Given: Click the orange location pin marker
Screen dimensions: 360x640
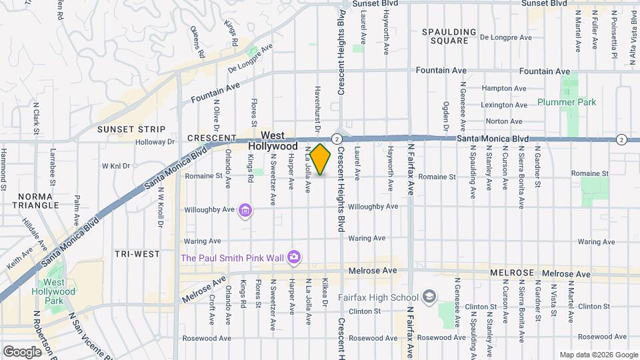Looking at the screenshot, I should [321, 159].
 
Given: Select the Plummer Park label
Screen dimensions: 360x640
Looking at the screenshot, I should [567, 102].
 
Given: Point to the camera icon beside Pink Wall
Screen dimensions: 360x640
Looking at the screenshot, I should [293, 257].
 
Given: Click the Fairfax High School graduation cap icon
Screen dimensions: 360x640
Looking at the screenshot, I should [430, 297].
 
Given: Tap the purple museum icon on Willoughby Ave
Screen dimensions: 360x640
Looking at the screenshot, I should [245, 211].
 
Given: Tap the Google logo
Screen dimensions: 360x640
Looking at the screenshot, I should [23, 351].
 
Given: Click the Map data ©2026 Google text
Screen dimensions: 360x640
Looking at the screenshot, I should [598, 355].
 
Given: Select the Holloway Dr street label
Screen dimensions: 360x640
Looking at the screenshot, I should [155, 142].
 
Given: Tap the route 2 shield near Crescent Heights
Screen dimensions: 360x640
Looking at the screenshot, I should [338, 139].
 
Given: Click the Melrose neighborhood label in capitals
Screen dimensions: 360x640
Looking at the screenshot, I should [513, 273].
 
